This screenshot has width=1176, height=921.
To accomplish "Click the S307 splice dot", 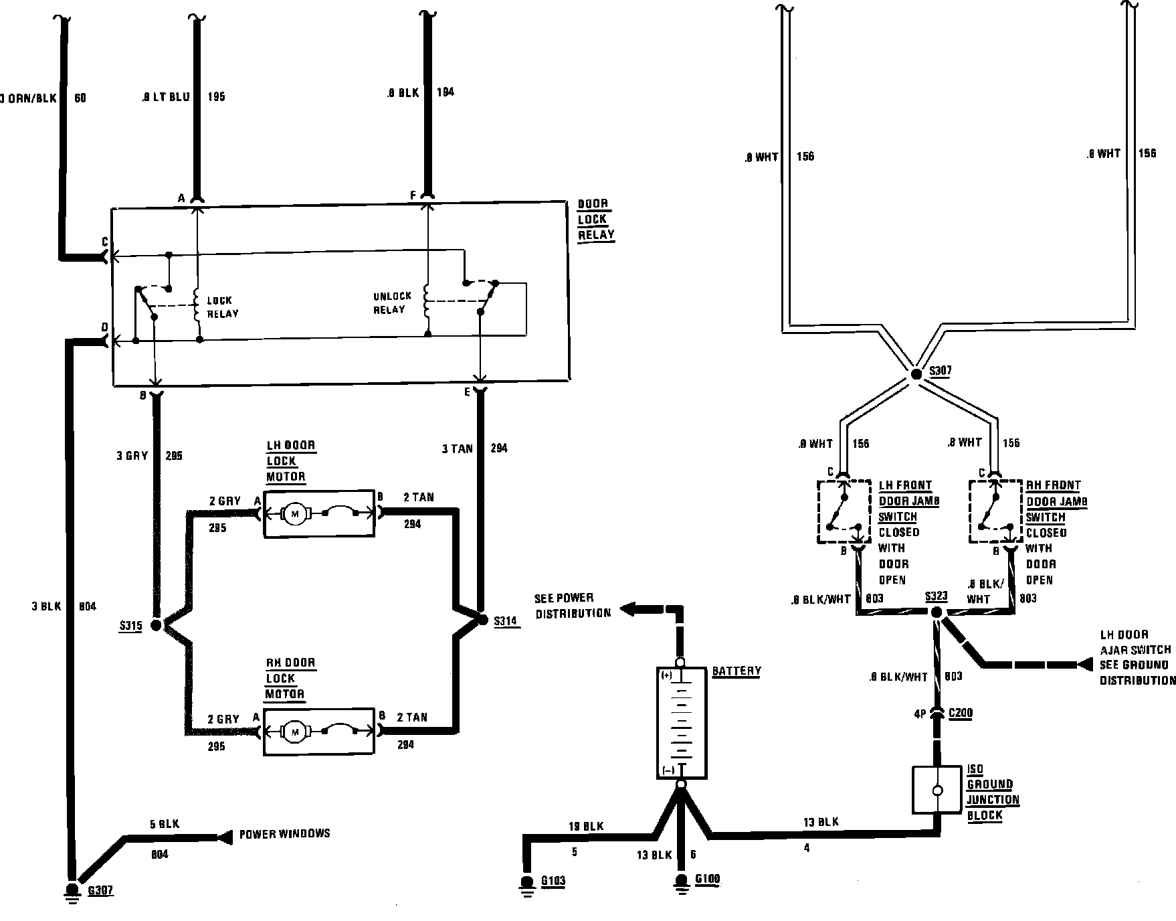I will (916, 374).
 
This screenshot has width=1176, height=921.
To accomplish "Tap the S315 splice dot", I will (156, 625).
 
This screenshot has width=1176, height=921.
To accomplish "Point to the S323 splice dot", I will (937, 612).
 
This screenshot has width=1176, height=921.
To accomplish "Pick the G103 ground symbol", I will (527, 884).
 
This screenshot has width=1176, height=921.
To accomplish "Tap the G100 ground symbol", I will (681, 883).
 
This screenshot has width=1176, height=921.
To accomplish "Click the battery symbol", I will (681, 722).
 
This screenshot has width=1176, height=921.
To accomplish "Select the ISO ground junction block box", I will (937, 790).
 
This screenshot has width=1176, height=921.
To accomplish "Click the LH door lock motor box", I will (319, 513).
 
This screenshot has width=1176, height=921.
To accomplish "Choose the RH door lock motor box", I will (319, 732).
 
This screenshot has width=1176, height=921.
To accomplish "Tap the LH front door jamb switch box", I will (844, 511).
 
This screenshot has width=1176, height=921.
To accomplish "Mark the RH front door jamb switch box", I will (995, 511).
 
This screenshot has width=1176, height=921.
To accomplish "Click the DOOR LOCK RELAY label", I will (595, 220).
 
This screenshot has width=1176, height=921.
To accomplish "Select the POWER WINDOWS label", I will (284, 834).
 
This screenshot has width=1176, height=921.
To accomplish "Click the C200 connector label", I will (961, 714).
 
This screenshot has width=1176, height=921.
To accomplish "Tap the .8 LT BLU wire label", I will (165, 96).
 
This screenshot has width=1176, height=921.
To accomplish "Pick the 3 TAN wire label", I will (457, 448).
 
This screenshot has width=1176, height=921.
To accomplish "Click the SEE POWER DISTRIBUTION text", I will (573, 605).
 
